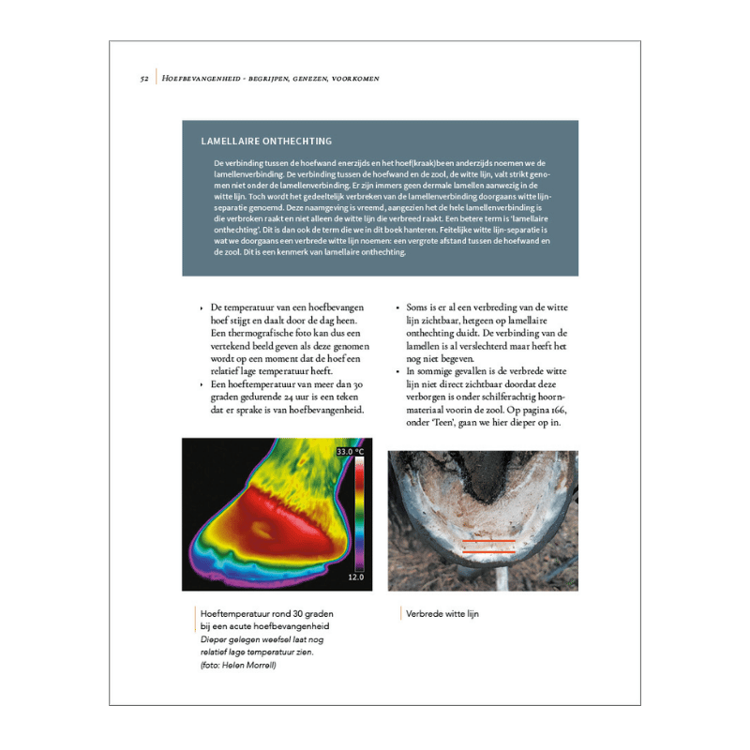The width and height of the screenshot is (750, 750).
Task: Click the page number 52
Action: pos(144,79)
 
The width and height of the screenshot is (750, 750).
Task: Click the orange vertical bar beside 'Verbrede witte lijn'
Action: pos(400,614)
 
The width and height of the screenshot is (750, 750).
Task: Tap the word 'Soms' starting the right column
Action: pos(420,307)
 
